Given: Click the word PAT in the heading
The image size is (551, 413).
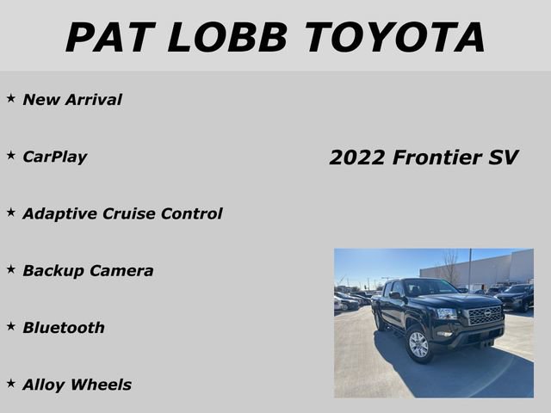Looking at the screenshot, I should (x=108, y=37).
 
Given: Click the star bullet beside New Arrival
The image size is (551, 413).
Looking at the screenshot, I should (x=11, y=99).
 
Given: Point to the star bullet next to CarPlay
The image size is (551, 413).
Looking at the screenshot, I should (x=11, y=156).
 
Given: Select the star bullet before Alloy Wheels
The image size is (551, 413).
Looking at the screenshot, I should (x=11, y=384).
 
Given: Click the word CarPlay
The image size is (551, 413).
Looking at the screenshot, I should (x=55, y=157).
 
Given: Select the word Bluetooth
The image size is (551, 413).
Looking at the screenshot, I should (x=64, y=327).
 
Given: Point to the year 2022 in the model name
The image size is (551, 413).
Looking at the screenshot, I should (x=357, y=157).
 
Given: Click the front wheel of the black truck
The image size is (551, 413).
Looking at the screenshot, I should (x=418, y=345).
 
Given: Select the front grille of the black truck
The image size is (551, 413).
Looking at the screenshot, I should (x=485, y=316).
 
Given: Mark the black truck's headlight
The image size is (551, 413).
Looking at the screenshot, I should (x=448, y=314).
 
